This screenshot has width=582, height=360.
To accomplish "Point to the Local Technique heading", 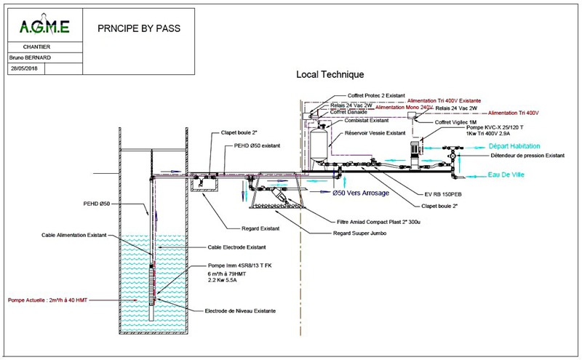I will click(330, 74).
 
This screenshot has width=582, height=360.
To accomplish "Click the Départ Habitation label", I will click(512, 146).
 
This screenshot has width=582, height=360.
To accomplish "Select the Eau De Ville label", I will click(495, 175).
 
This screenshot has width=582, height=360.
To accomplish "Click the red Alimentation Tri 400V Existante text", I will click(448, 101).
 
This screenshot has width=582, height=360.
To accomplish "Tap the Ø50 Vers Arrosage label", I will click(362, 193).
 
